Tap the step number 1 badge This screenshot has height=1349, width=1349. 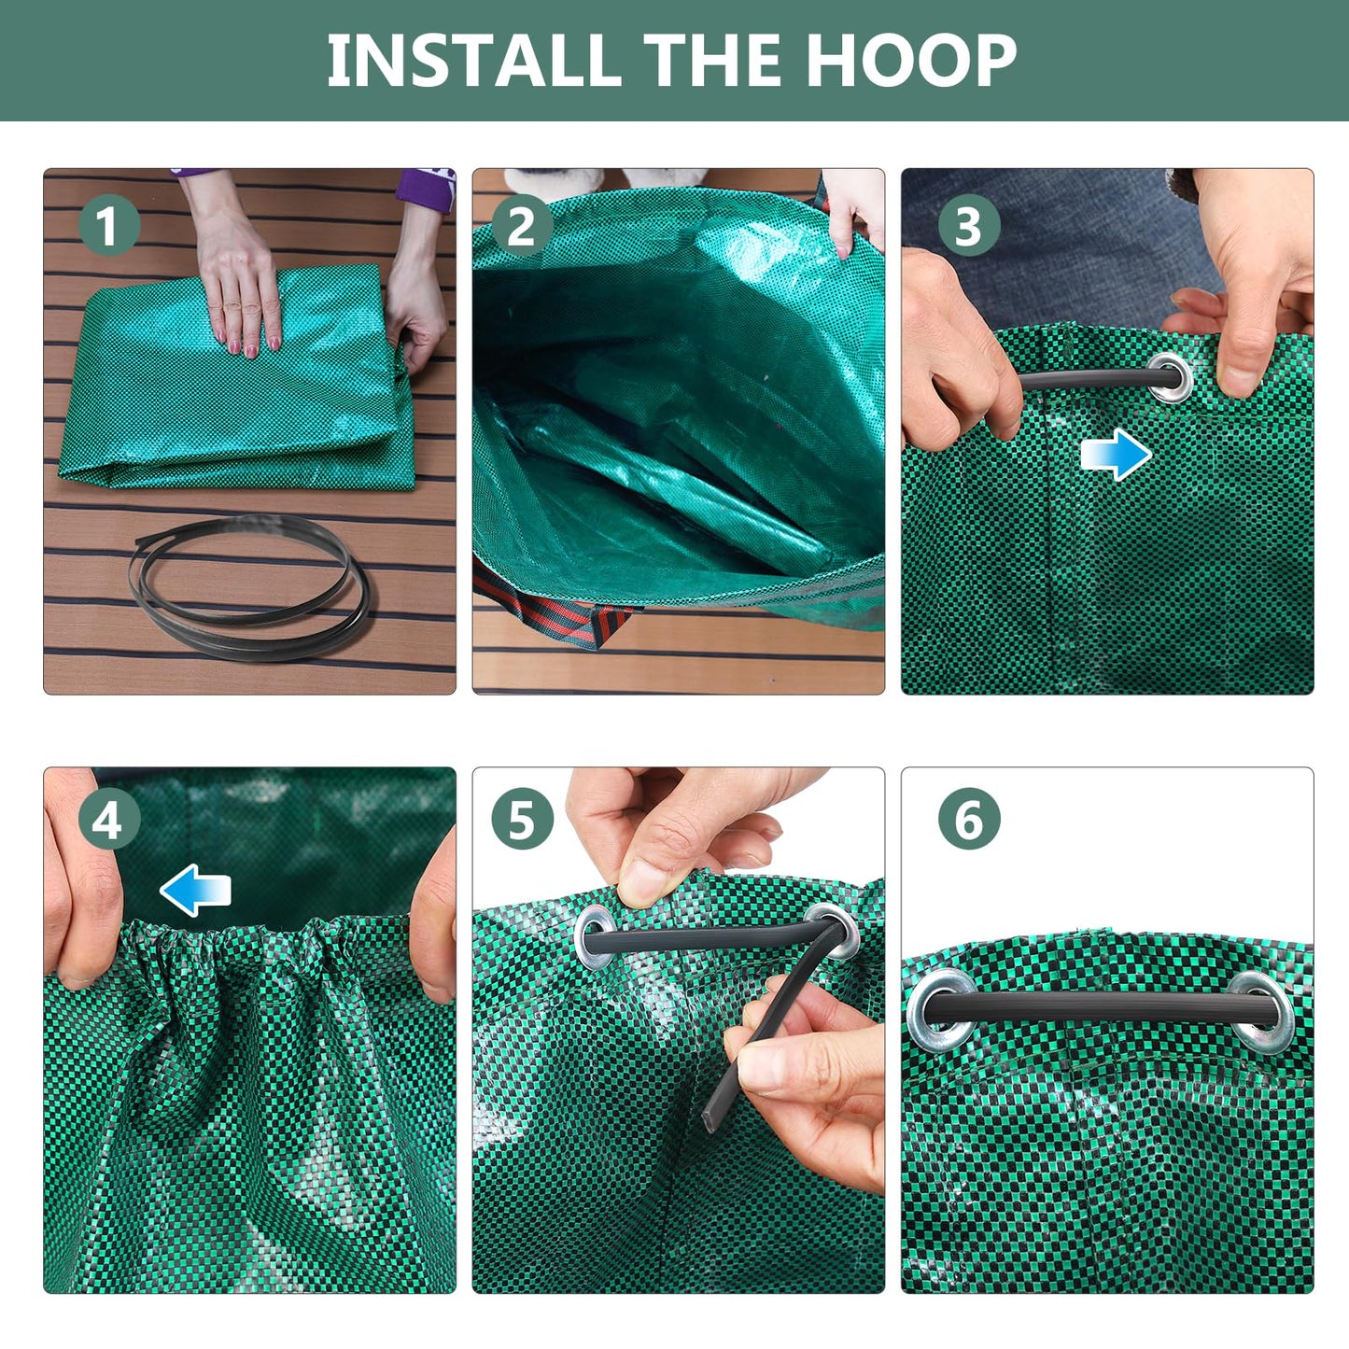point(108,226)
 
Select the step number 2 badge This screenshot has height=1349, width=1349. point(521,227)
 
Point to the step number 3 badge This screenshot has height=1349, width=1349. point(968,226)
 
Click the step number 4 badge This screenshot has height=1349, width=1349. point(108,821)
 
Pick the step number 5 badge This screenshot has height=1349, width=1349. point(521,821)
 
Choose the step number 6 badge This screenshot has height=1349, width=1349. point(968,820)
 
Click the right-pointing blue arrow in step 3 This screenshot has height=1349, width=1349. point(1116,455)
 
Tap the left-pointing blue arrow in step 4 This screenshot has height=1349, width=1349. point(195,890)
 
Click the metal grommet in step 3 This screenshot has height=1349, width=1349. point(1171,377)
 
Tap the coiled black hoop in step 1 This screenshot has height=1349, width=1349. point(250,586)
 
